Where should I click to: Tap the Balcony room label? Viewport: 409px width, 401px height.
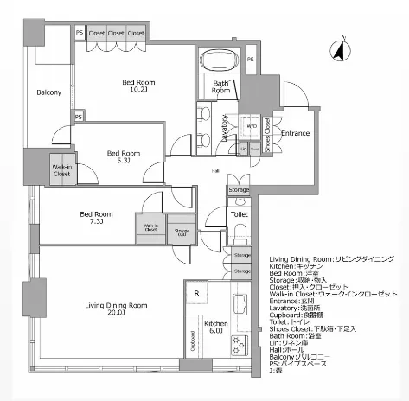[x=48, y=93]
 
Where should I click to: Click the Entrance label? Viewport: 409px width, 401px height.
[x=295, y=133]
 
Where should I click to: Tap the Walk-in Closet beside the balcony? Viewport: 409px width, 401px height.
[x=61, y=170]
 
